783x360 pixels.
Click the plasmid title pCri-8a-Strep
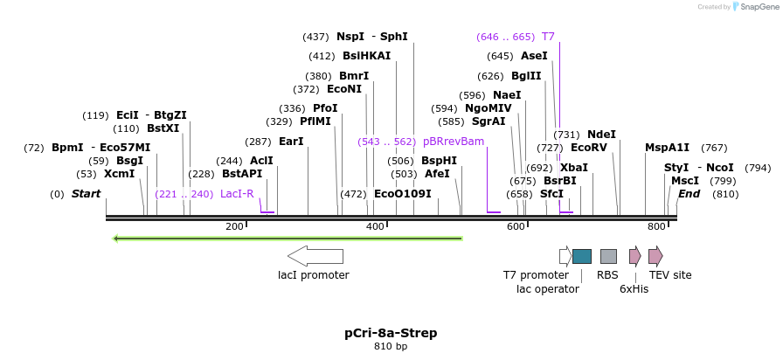coord(391,333)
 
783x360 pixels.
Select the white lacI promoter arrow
coord(315,256)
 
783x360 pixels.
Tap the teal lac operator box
coord(582,256)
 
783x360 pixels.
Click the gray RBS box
coord(608,256)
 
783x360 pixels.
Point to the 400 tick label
coord(375,227)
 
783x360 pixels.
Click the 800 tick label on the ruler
coord(656,227)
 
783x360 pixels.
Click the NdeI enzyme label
coord(601,135)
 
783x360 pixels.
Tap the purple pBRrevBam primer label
coord(454,142)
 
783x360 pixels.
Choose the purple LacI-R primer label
coord(237,194)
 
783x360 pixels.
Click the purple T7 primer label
coord(548,37)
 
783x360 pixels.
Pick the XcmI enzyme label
coord(119,174)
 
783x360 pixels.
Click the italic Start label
coord(87,194)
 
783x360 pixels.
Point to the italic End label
coord(689,194)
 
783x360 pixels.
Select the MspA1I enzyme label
coord(668,148)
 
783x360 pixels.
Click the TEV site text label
coord(670,275)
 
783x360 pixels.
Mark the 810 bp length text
coord(391,347)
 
